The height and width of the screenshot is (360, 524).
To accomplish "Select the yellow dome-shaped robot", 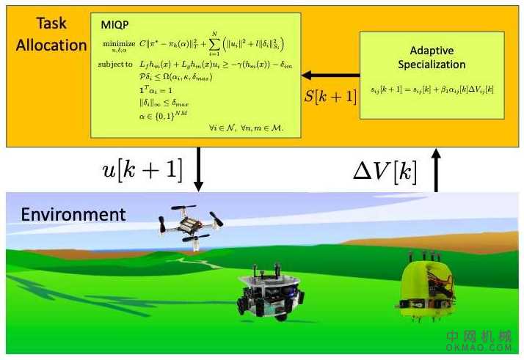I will coord(429,288).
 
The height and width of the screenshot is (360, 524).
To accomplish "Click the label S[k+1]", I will coord(330,95).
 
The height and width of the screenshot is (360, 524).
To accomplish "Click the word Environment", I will coord(73,214).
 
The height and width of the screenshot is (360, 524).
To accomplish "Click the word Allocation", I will coord(51,45).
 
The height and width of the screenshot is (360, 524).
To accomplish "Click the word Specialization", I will coord(432,65).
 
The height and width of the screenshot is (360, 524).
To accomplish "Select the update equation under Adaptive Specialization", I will coord(432,89).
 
